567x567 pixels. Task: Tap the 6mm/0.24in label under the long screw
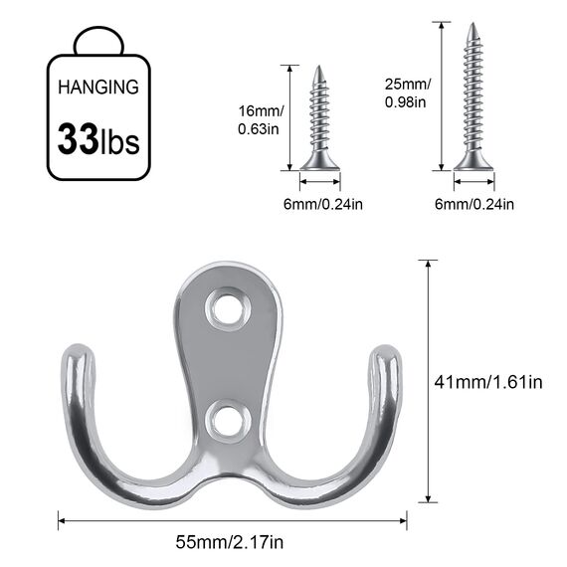[473, 205]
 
